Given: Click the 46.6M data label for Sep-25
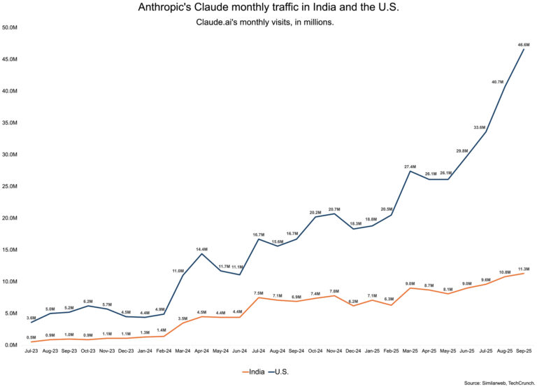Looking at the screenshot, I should point(523,45).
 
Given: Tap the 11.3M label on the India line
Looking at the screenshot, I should point(523,269).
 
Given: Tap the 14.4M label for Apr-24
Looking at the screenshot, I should point(201,249).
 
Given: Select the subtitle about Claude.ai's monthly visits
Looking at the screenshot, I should point(268,22).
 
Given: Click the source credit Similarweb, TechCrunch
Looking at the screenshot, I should point(499,382).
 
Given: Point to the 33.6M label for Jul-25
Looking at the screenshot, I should point(479,127).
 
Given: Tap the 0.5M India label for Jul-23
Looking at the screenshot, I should point(31,337).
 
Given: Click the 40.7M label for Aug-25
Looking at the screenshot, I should point(499,82).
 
